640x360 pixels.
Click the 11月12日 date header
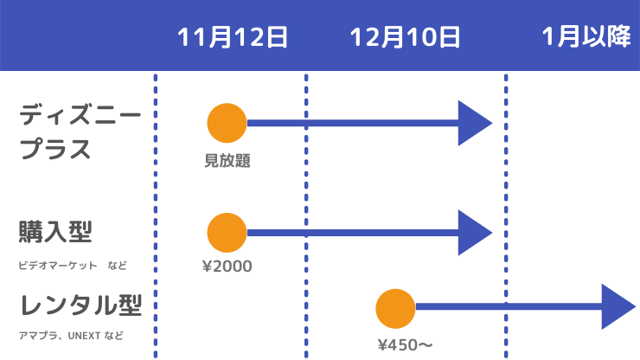coord(232,37)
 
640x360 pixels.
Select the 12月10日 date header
coord(405,37)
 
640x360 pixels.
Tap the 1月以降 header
coord(586,37)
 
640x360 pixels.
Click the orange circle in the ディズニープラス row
coord(227,123)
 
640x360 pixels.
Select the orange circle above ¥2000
coord(227,233)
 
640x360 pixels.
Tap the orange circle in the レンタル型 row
coord(396,308)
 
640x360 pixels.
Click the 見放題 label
coord(227,160)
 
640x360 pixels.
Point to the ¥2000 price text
coord(227,266)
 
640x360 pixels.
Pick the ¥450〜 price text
coord(405,345)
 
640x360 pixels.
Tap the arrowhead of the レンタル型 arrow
coord(618,307)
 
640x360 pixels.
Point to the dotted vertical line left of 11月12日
coord(156,216)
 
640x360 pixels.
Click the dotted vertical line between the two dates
coord(306,216)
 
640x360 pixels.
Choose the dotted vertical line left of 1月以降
coord(506,216)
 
